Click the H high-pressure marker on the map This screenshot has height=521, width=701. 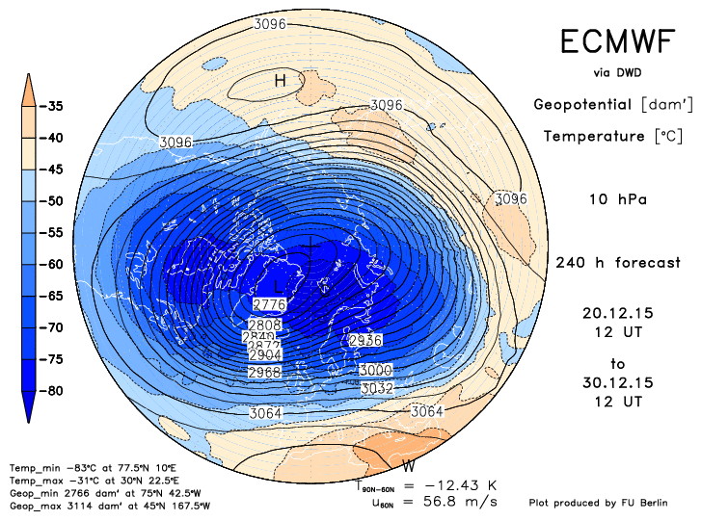pos(280,81)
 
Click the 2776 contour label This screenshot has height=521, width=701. pos(269,304)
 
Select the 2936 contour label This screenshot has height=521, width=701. pos(364,341)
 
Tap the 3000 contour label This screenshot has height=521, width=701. pos(375,371)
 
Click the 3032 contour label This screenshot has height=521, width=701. pos(376,388)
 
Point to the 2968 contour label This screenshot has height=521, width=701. pos(264,372)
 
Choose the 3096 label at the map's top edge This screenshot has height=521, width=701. pos(269,23)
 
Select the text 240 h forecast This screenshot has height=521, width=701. pos(617,263)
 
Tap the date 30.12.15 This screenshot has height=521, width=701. pos(617,382)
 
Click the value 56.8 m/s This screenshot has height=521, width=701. pos(465,501)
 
